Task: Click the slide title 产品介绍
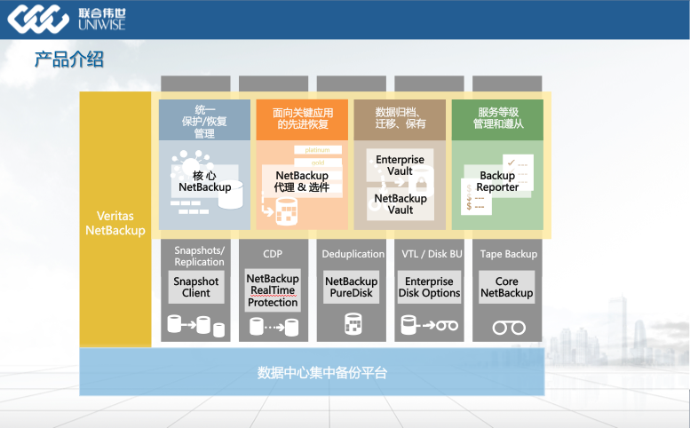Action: click(x=68, y=60)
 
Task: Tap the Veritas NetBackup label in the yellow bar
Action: click(x=115, y=223)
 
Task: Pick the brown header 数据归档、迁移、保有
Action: click(x=400, y=118)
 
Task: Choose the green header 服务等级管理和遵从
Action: click(x=497, y=118)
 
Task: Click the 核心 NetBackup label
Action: click(x=204, y=181)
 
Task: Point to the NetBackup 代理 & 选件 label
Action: click(x=302, y=181)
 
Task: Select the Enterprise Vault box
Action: click(x=400, y=165)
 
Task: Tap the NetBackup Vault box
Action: click(x=400, y=204)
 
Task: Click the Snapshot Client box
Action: click(x=196, y=287)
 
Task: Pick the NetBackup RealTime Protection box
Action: click(x=273, y=290)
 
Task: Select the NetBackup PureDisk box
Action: click(x=351, y=287)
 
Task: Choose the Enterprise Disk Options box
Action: click(x=429, y=287)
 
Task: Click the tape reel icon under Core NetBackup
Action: click(x=509, y=327)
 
